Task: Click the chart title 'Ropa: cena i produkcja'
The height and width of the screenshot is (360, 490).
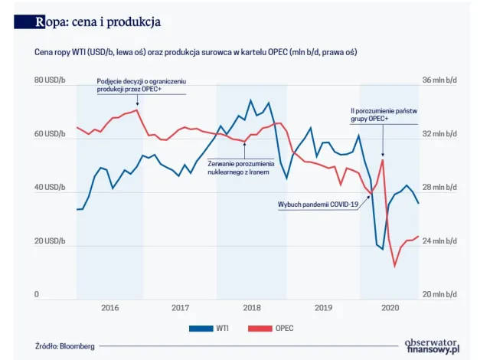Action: pos(98,21)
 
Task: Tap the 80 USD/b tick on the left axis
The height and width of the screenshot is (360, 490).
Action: pos(51,80)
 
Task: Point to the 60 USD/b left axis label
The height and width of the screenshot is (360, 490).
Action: pos(51,134)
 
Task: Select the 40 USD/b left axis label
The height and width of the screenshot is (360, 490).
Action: pos(51,188)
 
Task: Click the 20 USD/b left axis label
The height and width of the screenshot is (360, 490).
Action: pos(51,241)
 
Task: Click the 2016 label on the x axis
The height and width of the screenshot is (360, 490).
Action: pos(109,308)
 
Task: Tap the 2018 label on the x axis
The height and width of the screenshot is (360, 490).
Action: pos(251,308)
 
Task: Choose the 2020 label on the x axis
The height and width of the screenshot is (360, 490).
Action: pos(390,308)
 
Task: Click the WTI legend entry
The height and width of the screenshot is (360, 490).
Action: pos(214,328)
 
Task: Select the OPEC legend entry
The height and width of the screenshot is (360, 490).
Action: pos(272,328)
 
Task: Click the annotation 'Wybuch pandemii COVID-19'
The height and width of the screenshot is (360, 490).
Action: pos(319,205)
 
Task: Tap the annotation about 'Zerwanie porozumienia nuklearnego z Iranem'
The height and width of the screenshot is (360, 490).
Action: pos(240,167)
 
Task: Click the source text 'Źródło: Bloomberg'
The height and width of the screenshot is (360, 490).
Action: pos(65,346)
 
